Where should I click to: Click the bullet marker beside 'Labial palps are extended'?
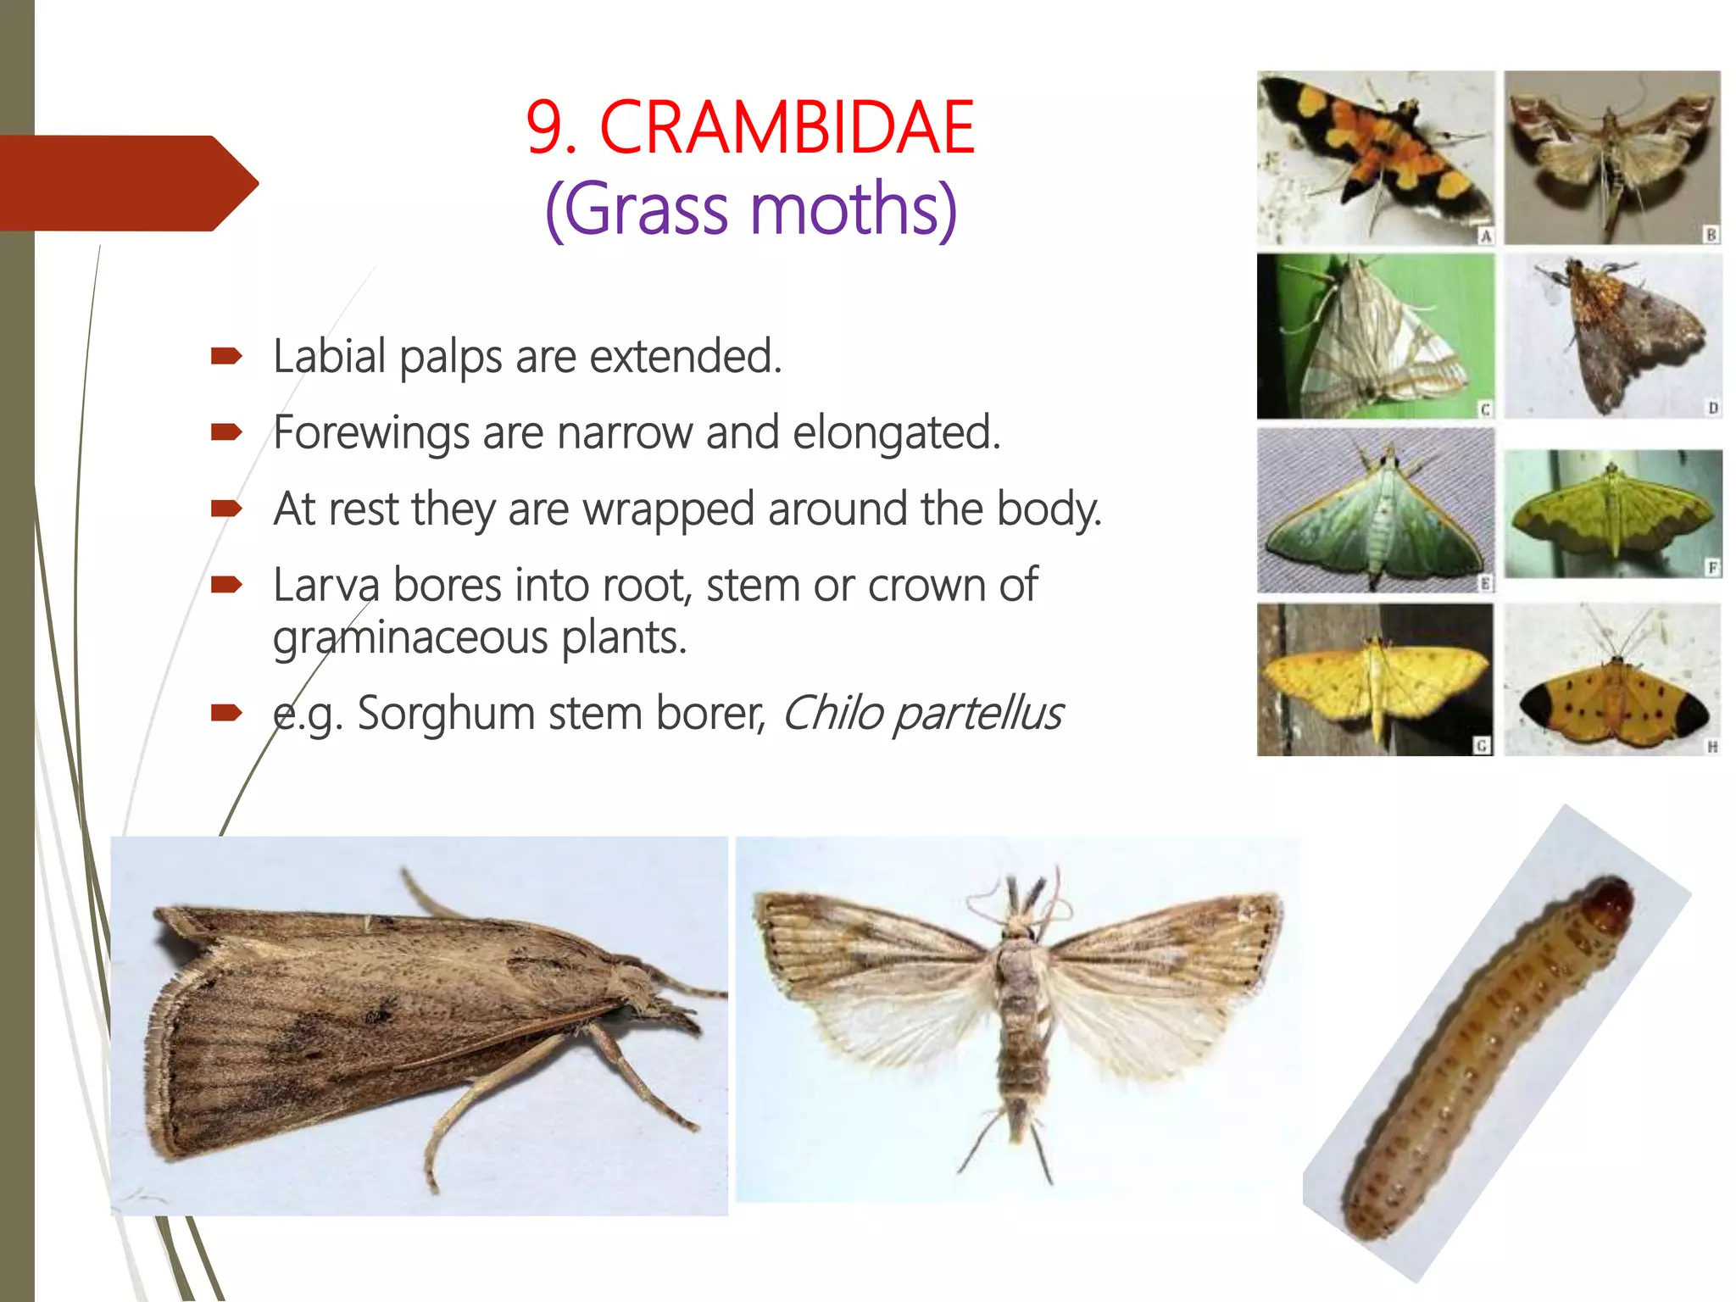pos(226,356)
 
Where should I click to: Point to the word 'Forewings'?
pos(370,432)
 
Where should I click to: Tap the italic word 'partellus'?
pos(979,713)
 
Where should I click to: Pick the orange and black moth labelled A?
pos(1375,157)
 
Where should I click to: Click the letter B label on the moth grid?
pos(1711,235)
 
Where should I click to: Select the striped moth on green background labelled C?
pos(1375,337)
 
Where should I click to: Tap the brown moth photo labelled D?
pos(1613,337)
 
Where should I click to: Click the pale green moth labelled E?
pos(1375,510)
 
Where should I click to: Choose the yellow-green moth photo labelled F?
pos(1613,514)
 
